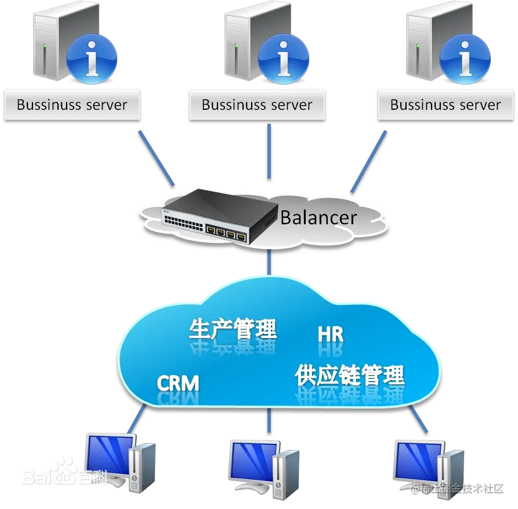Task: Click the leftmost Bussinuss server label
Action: [72, 105]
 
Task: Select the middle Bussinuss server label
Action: [257, 105]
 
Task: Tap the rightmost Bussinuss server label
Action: [445, 105]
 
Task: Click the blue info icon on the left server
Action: [92, 59]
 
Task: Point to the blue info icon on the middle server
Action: [283, 59]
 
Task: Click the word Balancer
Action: [318, 217]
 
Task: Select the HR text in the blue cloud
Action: [331, 335]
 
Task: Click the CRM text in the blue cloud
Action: [178, 383]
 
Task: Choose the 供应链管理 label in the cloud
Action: [349, 376]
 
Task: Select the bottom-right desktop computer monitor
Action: [417, 459]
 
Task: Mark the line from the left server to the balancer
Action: [156, 157]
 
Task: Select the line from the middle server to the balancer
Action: [269, 151]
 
